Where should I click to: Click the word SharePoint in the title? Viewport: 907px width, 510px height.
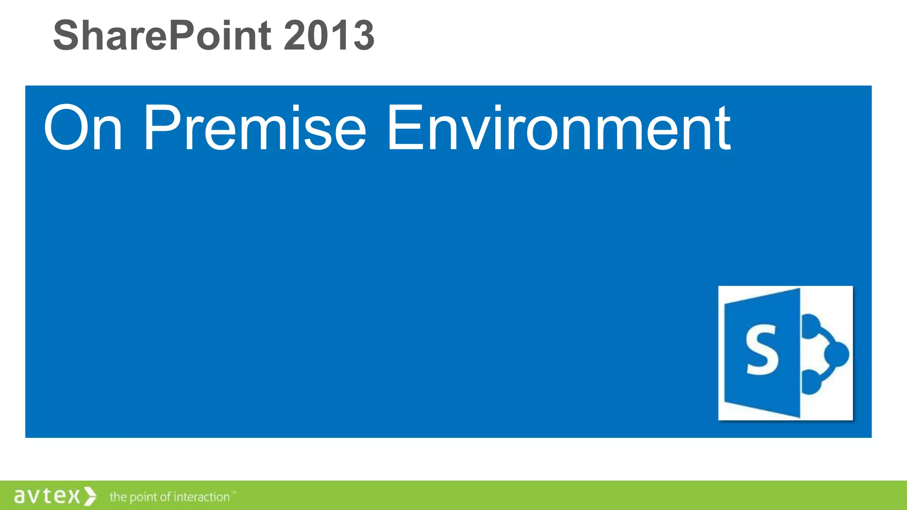pos(162,35)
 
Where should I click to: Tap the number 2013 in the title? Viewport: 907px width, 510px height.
pos(329,35)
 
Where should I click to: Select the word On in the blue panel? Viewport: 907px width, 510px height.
pos(83,128)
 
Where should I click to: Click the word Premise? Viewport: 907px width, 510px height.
pos(255,128)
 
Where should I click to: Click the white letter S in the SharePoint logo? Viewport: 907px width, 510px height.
pos(762,350)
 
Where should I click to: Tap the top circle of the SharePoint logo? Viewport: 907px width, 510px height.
pos(811,325)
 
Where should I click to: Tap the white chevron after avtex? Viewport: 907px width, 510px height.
pos(90,496)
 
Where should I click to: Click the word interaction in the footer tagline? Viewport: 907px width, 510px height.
pos(202,497)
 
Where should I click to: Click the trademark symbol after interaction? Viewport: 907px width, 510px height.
pos(234,492)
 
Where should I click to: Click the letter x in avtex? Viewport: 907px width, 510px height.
pos(74,496)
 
